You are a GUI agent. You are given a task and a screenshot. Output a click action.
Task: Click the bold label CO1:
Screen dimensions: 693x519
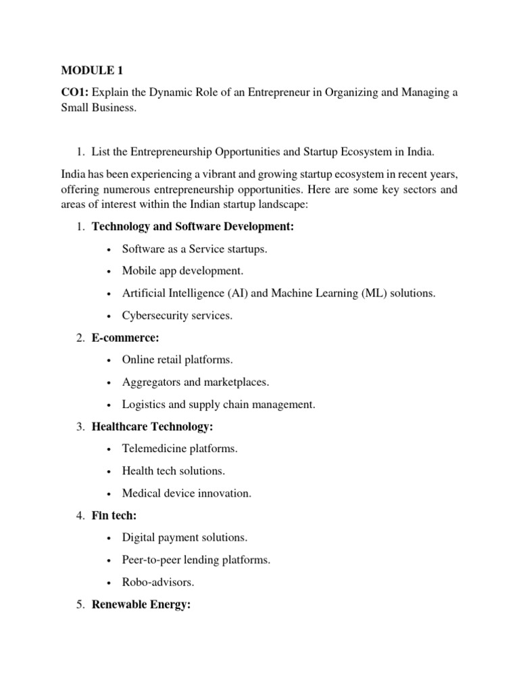[75, 92]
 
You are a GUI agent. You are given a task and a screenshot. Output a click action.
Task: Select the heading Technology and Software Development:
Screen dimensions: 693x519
[193, 227]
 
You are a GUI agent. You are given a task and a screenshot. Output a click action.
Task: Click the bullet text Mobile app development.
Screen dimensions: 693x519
[182, 271]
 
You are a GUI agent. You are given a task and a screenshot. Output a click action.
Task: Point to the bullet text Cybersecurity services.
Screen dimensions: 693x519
[177, 315]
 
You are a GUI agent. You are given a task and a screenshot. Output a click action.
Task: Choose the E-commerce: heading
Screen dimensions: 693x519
[125, 338]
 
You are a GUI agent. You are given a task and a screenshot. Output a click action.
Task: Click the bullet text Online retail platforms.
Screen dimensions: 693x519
[177, 360]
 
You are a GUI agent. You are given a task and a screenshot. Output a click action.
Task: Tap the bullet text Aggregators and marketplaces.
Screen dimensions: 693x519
[195, 382]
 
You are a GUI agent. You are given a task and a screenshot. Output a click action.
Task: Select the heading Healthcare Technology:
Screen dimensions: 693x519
[152, 426]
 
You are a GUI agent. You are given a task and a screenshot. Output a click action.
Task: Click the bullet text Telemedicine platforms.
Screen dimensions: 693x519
[180, 449]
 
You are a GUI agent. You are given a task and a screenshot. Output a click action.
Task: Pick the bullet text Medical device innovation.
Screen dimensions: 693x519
[187, 493]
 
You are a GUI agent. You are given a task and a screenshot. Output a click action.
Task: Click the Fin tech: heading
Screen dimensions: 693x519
[114, 516]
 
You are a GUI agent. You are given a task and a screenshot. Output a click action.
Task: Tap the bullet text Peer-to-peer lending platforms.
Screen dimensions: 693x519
[196, 560]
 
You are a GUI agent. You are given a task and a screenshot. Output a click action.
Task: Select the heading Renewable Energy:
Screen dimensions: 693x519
[141, 604]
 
